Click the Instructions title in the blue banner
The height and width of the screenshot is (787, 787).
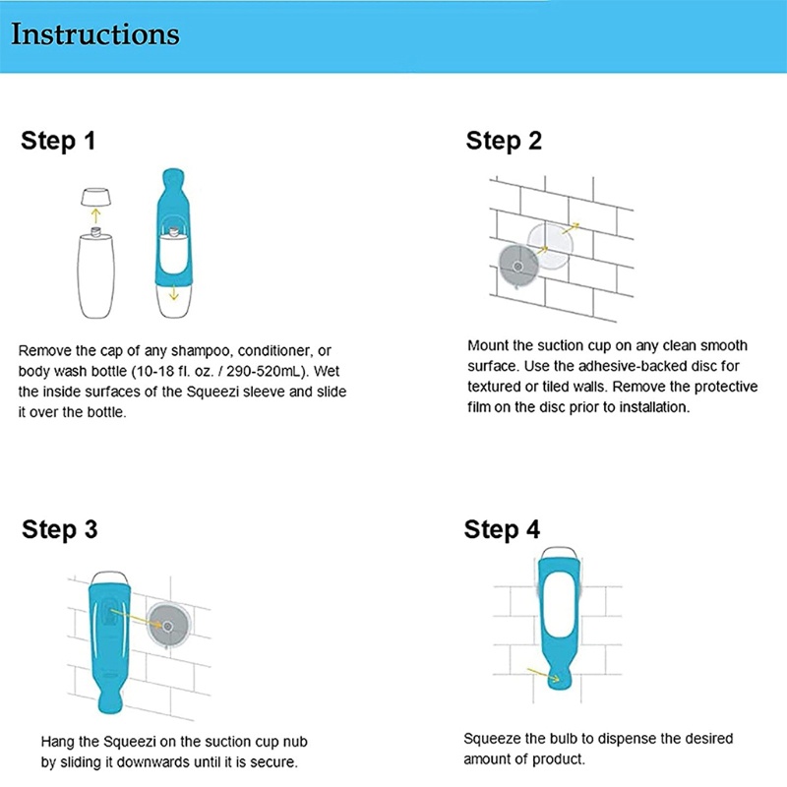click(x=94, y=34)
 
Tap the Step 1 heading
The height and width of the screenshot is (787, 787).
click(x=58, y=141)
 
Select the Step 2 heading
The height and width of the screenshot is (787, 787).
click(x=504, y=141)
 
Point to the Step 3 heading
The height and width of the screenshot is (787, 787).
click(x=59, y=529)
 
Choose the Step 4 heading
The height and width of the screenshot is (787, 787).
click(x=502, y=529)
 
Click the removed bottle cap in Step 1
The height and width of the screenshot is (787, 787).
click(x=95, y=197)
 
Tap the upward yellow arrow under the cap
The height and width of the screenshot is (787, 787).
click(x=95, y=216)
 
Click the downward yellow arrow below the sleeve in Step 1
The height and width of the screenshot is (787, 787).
click(x=174, y=293)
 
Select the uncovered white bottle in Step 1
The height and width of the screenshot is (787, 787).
click(x=95, y=272)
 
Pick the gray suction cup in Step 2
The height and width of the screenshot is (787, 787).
click(x=518, y=266)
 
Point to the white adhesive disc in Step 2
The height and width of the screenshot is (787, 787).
click(x=550, y=245)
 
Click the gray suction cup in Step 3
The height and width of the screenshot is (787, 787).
click(x=168, y=626)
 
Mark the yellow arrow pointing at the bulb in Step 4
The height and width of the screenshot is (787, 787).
click(x=543, y=675)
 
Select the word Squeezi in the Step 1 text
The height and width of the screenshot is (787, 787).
click(x=212, y=392)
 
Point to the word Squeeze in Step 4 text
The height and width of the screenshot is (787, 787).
click(x=492, y=740)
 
